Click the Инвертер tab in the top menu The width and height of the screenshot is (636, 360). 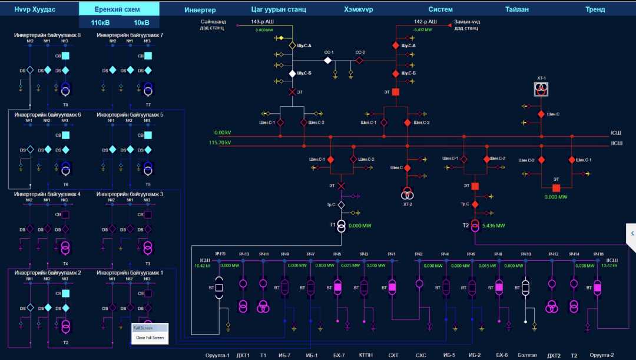click(x=200, y=10)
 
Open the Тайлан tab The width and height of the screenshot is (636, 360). click(x=516, y=10)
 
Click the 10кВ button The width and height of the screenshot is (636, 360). click(x=141, y=22)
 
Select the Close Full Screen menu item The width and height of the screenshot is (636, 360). click(x=150, y=338)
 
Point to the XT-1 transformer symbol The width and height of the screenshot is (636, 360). click(x=541, y=89)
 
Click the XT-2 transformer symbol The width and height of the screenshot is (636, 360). click(x=407, y=194)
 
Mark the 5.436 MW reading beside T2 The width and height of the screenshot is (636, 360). click(x=493, y=226)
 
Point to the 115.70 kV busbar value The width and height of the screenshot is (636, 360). click(x=220, y=143)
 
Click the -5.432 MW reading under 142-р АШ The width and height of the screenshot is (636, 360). click(x=423, y=29)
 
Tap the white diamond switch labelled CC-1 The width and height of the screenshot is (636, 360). click(x=327, y=60)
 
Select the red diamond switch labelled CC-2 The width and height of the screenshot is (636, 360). click(x=359, y=60)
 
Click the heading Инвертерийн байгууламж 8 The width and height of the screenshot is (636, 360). click(x=47, y=35)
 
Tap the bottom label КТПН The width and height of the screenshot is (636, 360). click(x=365, y=355)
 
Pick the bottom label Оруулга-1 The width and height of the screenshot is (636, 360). click(x=217, y=355)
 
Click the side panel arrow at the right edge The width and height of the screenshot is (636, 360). click(x=632, y=233)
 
